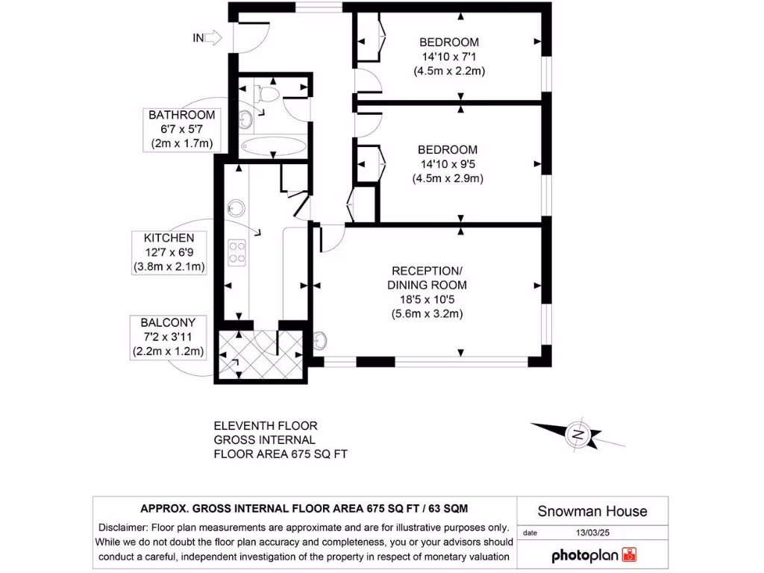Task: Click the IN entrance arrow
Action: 213,37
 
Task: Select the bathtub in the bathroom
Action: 272,145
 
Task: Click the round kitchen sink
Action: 237,207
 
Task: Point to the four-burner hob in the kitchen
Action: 237,251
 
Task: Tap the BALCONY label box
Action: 168,337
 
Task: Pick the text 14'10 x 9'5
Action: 449,164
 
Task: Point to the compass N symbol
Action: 577,433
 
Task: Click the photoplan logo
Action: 594,555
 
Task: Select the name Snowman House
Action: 592,512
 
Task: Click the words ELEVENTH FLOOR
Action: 266,426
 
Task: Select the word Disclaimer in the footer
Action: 124,527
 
